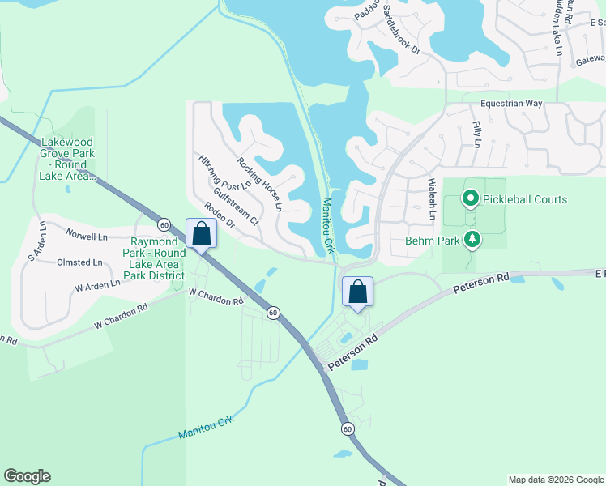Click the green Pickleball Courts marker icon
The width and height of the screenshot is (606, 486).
470,198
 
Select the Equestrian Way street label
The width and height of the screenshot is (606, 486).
510,104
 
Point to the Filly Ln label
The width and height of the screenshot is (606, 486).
477,133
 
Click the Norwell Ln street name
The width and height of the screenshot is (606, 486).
87,237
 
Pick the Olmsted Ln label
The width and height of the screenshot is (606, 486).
79,262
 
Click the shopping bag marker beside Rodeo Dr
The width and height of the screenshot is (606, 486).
201,233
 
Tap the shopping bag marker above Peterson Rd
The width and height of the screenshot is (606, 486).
357,292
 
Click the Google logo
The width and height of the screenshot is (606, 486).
27,476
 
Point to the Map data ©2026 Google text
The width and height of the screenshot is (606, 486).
555,480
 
